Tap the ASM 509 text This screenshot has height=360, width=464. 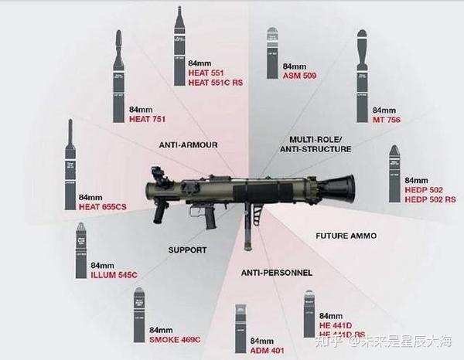coord(300,76)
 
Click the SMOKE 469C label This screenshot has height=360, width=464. coord(175,339)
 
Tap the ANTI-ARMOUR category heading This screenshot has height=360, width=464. coord(188,144)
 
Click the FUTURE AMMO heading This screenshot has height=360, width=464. coord(343,234)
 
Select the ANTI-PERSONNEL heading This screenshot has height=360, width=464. coord(277,273)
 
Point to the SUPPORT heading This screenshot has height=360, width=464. coord(186,250)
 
